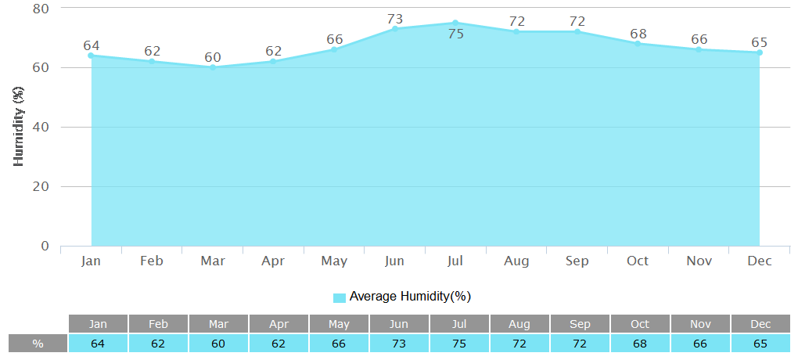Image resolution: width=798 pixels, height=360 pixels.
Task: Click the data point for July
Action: (x=455, y=23)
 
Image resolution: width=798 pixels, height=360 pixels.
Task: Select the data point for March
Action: (x=212, y=67)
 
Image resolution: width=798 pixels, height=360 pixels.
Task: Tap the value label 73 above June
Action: (x=394, y=19)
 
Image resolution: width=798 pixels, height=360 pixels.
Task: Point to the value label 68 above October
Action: (x=638, y=34)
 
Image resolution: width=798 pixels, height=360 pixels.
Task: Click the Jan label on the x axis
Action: (x=91, y=261)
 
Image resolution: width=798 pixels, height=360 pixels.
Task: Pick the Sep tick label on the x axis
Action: (x=577, y=261)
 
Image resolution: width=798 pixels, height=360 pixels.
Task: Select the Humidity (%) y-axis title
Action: (x=20, y=128)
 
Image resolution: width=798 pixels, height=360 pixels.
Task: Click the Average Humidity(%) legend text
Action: (x=410, y=297)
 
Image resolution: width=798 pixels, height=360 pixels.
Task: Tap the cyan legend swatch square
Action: (x=340, y=297)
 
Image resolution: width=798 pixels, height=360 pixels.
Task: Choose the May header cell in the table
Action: (x=339, y=324)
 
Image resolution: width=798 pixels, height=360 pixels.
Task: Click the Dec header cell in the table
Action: (x=760, y=324)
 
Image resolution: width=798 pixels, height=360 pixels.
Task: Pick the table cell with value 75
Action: (x=460, y=344)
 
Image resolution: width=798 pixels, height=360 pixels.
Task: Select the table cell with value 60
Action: (x=218, y=344)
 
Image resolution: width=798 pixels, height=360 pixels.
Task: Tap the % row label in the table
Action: (x=38, y=344)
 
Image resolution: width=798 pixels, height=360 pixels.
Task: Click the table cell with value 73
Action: (x=400, y=344)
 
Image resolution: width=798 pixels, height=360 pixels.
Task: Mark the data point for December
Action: (x=759, y=52)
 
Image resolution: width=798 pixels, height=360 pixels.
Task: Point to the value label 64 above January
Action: (x=91, y=45)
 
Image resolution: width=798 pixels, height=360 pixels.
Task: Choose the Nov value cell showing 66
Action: (x=700, y=344)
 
